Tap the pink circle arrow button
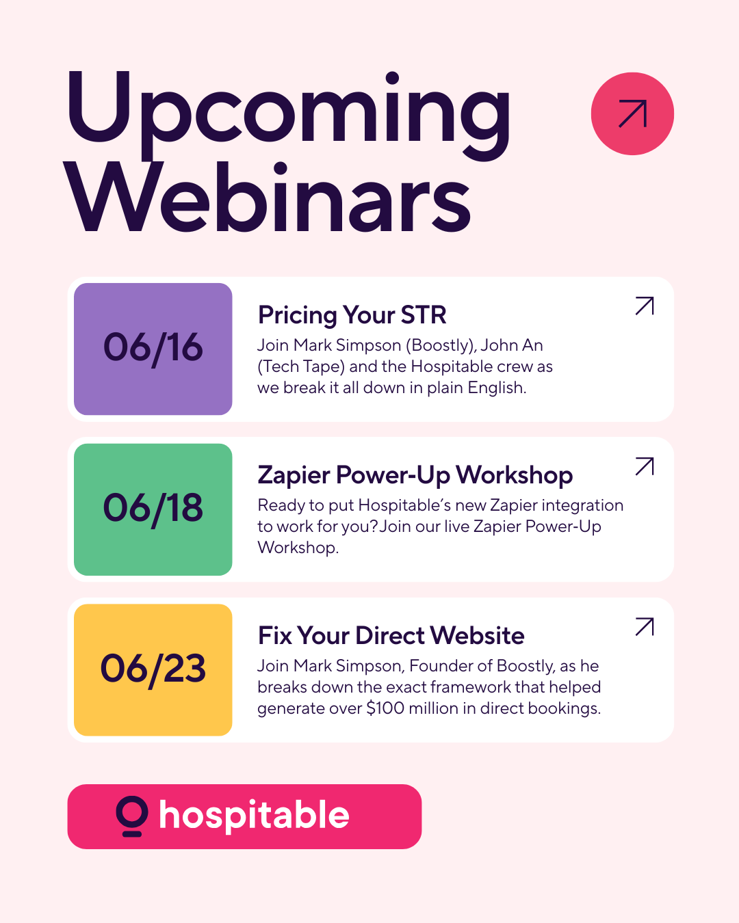[x=632, y=113]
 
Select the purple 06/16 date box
[x=153, y=349]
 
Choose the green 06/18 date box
[x=153, y=509]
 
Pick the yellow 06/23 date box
[x=153, y=670]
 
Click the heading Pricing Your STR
[x=352, y=315]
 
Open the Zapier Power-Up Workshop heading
[x=415, y=476]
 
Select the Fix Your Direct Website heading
[x=391, y=636]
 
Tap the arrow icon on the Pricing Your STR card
[x=645, y=306]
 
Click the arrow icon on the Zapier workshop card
[x=645, y=466]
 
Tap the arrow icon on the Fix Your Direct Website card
[x=645, y=627]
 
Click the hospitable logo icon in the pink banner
[x=132, y=816]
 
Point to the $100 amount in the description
[x=385, y=708]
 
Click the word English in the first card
[x=497, y=388]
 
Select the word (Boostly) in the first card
[x=441, y=345]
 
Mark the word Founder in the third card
[x=440, y=666]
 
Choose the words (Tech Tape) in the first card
[x=301, y=366]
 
